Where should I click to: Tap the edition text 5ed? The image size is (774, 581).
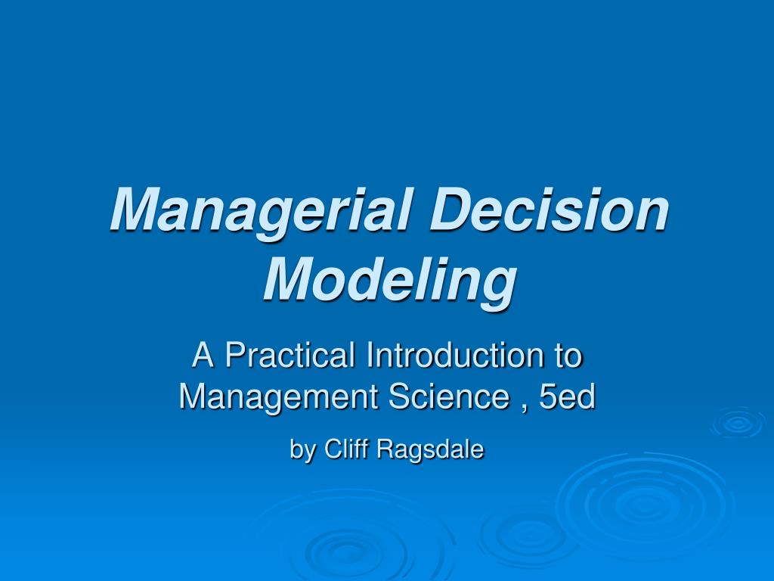(568, 396)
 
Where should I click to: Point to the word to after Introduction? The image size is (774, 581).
(567, 356)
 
